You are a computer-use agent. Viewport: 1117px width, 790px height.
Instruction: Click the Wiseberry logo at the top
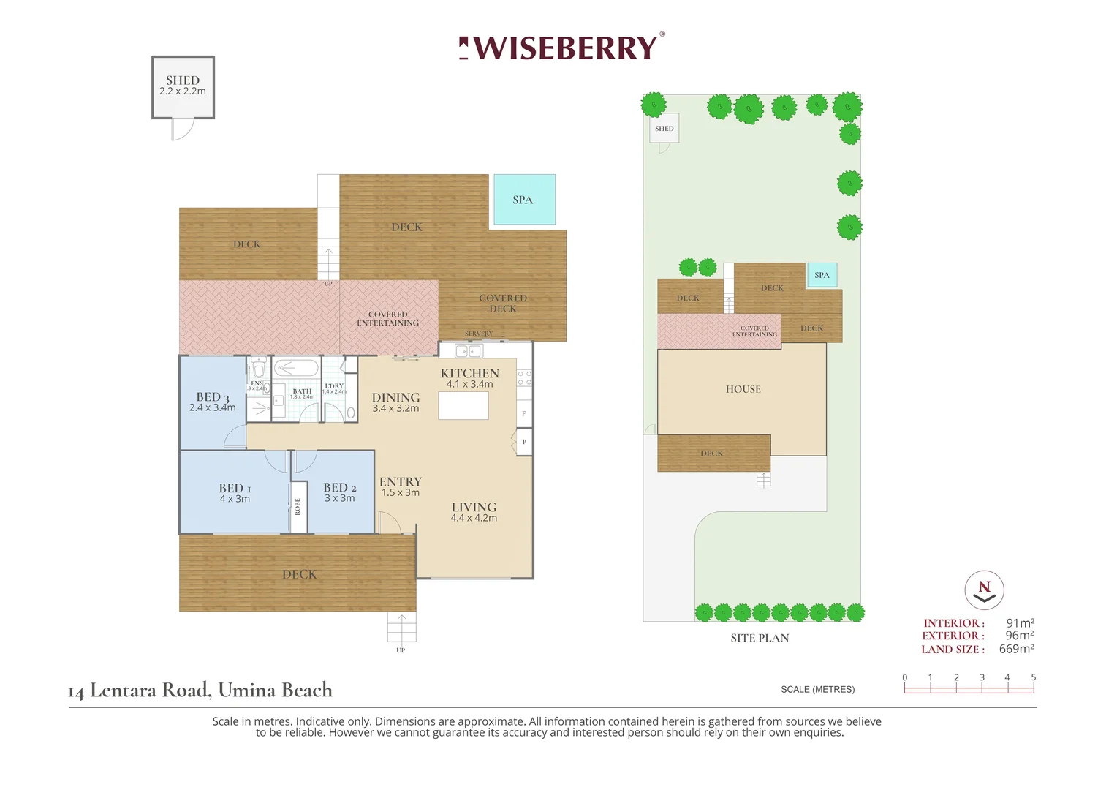[561, 48]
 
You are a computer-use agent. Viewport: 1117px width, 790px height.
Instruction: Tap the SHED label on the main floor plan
[183, 80]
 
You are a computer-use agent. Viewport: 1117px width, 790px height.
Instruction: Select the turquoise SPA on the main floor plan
[524, 200]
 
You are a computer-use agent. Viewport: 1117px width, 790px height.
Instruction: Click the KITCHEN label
[469, 373]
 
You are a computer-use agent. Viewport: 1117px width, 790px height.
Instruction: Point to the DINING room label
[395, 397]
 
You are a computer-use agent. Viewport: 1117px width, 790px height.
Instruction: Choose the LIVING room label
[474, 507]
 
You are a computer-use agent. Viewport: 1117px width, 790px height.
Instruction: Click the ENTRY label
[401, 481]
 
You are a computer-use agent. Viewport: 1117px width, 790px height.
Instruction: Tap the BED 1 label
[235, 488]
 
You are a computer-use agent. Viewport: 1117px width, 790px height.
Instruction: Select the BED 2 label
[340, 487]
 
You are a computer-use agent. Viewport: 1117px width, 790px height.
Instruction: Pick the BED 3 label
[212, 396]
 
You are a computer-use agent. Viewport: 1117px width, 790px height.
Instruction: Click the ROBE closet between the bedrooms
[298, 506]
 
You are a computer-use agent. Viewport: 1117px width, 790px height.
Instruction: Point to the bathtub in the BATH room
[296, 367]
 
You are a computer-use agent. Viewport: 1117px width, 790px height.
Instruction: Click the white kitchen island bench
[463, 405]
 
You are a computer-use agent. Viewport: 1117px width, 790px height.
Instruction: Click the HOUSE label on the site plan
[743, 389]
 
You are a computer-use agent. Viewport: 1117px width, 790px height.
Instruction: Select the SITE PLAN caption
[760, 638]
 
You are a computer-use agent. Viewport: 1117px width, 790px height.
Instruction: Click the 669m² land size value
[1016, 649]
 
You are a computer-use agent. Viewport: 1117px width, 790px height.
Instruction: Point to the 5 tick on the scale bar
[1033, 678]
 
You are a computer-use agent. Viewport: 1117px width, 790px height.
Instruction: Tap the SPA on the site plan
[822, 275]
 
